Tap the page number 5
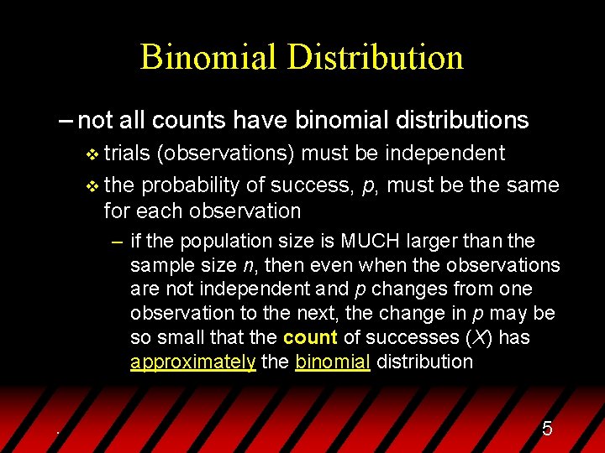coord(547,430)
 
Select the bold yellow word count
coord(310,337)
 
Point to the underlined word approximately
coord(192,362)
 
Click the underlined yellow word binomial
coord(333,362)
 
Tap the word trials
coord(128,153)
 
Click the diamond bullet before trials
coord(92,154)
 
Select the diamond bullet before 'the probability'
coord(92,185)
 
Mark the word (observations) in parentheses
coord(227,153)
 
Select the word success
coord(318,185)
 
